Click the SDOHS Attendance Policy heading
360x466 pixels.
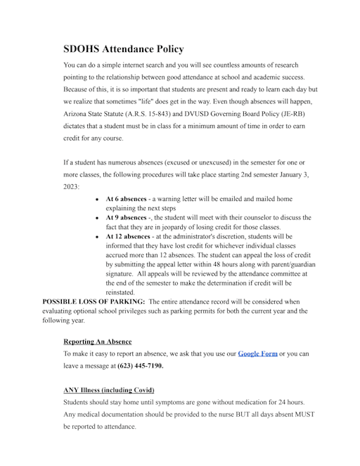123,49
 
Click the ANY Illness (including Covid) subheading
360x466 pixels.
108,389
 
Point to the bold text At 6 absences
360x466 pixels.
126,200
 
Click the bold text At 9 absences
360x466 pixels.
126,218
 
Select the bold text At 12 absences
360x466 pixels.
128,237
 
